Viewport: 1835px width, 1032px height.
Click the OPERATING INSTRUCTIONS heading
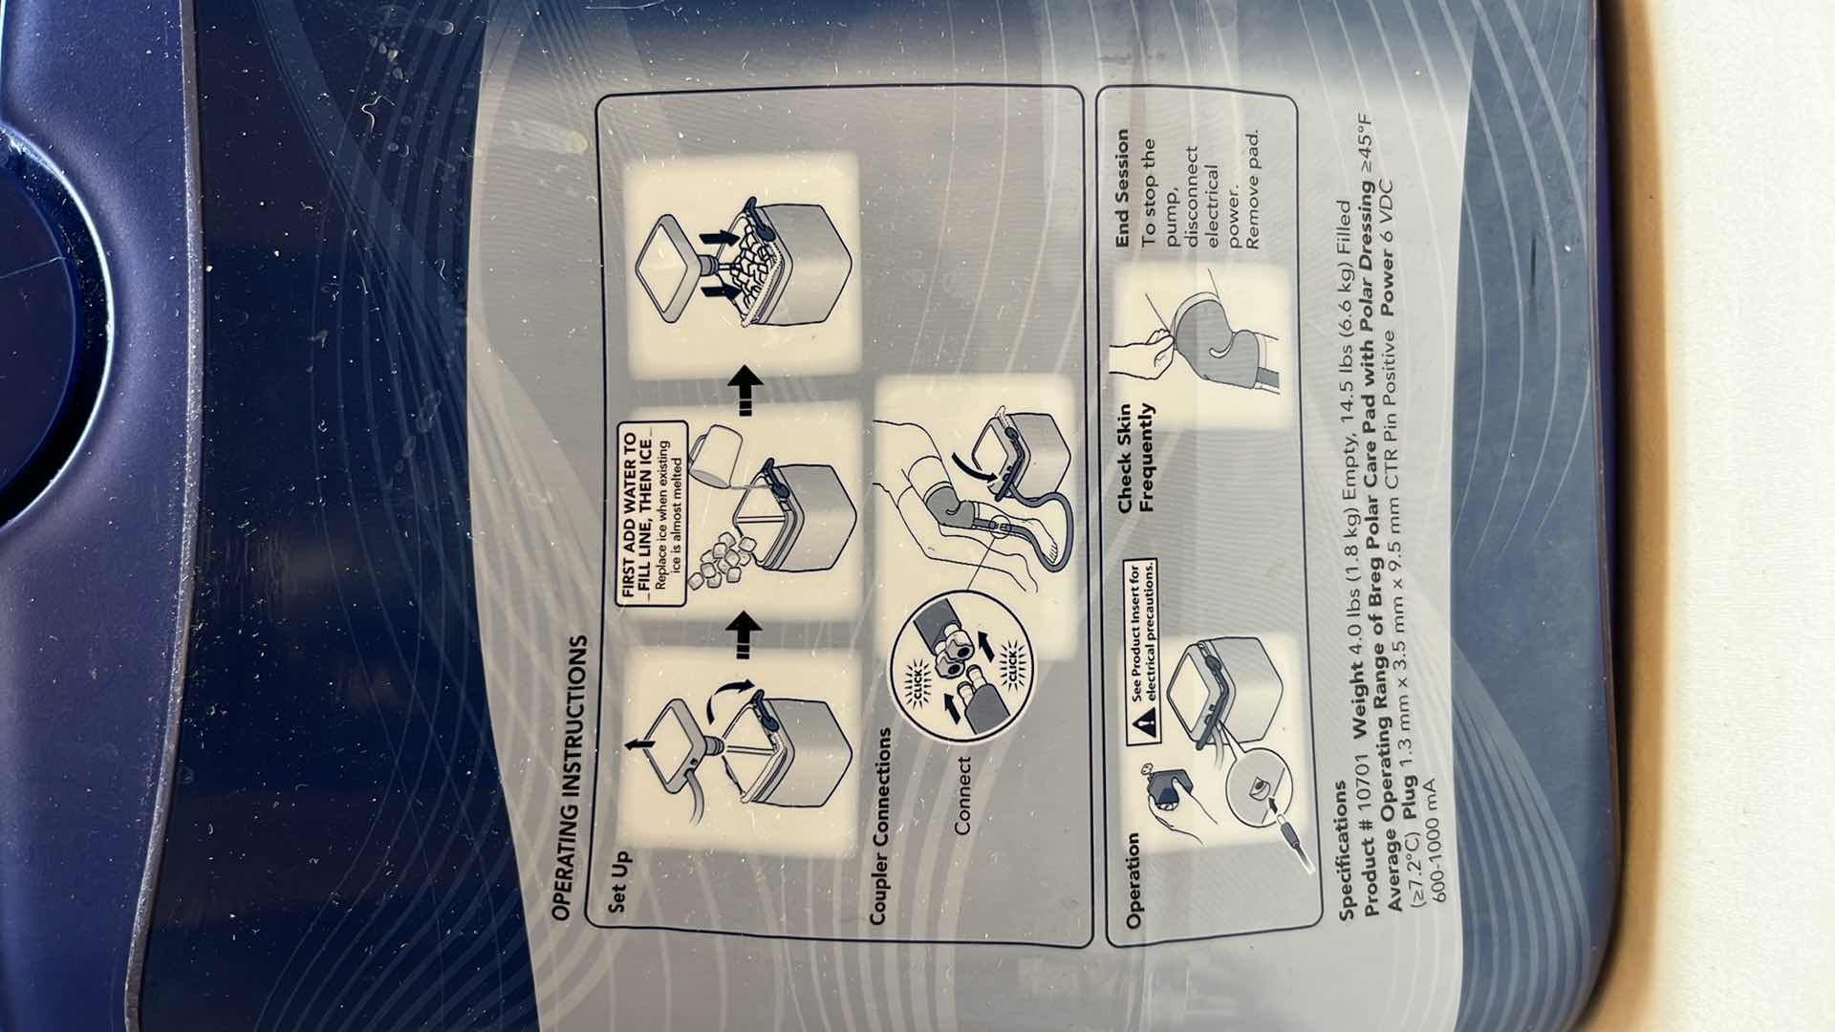coord(571,778)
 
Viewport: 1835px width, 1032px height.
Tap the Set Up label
coord(617,881)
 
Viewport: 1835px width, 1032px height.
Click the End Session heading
coord(1122,187)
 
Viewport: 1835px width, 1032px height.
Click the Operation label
coord(1133,879)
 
